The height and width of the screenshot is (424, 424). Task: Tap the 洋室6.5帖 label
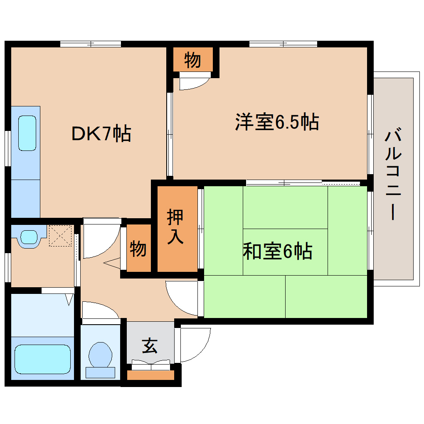(277, 122)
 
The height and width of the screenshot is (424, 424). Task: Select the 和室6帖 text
(277, 251)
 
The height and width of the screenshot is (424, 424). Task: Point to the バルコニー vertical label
(393, 175)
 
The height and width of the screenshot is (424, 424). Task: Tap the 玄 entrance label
(150, 345)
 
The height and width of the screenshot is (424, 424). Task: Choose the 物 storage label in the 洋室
(192, 60)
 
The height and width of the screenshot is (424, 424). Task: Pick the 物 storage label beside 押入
(138, 249)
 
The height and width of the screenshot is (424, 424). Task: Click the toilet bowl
(100, 355)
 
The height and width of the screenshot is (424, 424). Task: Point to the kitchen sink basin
(27, 133)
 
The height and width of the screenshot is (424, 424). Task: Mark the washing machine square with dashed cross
(61, 236)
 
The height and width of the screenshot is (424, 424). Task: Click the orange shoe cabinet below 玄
(150, 375)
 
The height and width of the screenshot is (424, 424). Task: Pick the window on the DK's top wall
(91, 43)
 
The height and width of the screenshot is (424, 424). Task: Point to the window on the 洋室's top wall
(283, 43)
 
